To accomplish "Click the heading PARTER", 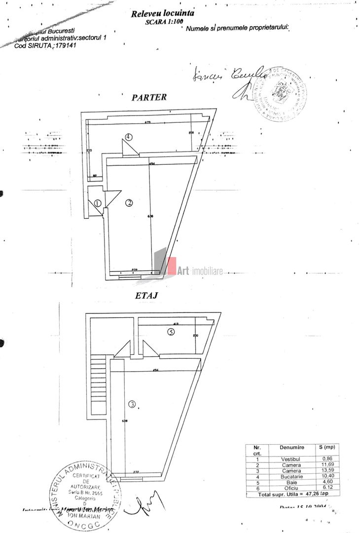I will (149, 97).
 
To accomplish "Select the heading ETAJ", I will (146, 297).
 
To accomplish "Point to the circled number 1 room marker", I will (97, 203).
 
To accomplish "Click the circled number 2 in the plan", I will (129, 202).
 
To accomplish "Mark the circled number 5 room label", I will (171, 332).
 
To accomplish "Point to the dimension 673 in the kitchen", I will (147, 122).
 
